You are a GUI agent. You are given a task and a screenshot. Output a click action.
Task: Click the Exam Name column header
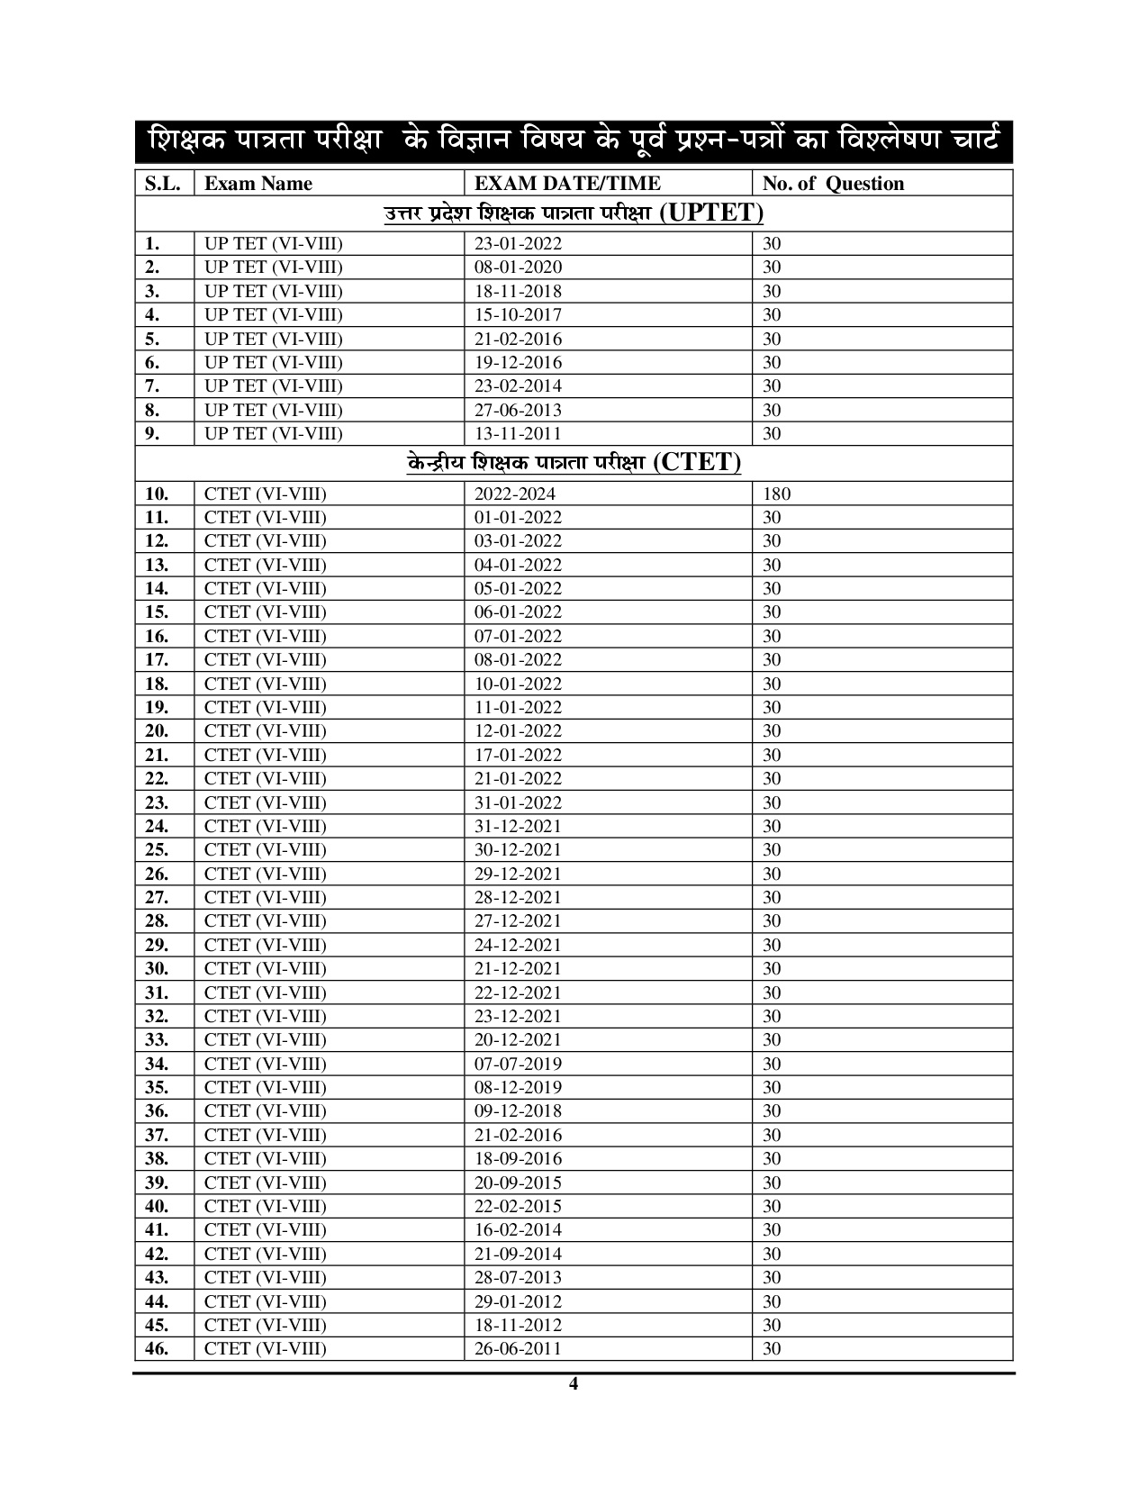point(258,184)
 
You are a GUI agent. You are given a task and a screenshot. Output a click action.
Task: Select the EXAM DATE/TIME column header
point(567,184)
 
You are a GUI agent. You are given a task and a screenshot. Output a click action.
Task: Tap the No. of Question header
point(833,184)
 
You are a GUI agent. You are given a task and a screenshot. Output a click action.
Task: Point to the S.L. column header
point(163,184)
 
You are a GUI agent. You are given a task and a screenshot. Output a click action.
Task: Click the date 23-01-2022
point(518,243)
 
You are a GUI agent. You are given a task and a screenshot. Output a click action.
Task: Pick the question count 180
point(777,494)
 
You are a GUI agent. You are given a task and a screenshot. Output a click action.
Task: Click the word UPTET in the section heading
point(711,213)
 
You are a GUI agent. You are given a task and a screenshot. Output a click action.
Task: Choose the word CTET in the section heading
point(697,463)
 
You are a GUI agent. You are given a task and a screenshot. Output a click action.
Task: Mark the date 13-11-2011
point(518,433)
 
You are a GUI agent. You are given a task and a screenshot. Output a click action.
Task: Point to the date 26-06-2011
point(518,1348)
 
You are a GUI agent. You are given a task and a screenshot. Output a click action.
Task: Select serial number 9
point(152,433)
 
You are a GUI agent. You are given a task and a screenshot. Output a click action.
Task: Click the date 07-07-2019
point(518,1064)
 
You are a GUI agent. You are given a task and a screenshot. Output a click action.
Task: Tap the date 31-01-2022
point(518,802)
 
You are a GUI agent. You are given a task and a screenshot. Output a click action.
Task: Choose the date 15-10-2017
point(518,314)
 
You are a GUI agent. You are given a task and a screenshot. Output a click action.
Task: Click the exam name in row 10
point(265,494)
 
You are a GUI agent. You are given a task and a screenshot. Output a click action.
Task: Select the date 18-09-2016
point(518,1158)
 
